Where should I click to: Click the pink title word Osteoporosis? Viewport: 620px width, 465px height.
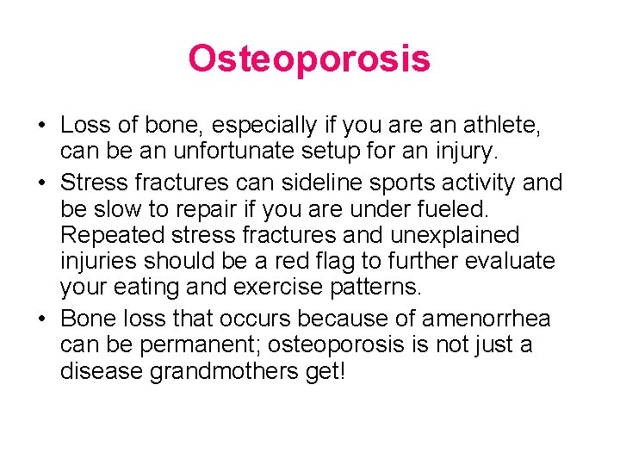[x=309, y=59]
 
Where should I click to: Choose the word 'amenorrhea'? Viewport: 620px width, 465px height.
[x=486, y=318]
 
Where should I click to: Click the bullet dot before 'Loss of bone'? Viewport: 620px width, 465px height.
[x=40, y=127]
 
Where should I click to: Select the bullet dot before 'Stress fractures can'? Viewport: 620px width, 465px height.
[x=40, y=183]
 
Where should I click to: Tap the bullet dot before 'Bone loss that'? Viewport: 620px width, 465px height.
[x=40, y=319]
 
